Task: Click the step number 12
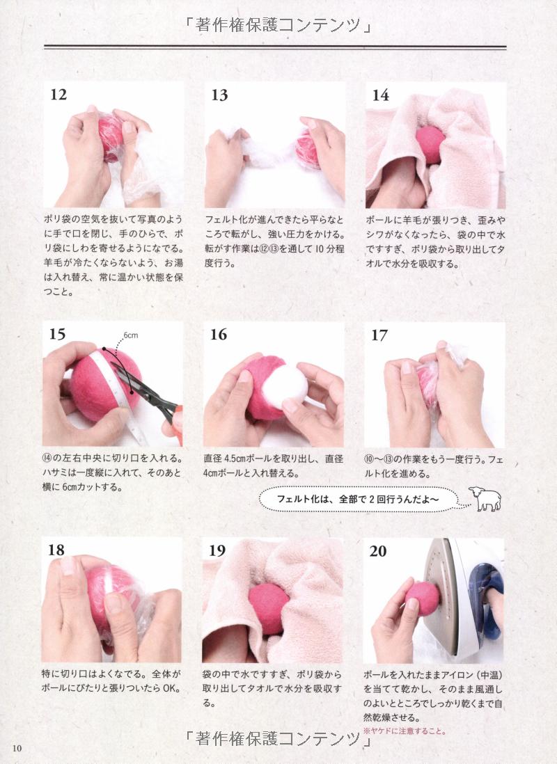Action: point(58,94)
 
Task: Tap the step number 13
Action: point(219,95)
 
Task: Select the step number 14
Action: point(380,95)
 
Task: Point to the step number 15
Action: point(57,334)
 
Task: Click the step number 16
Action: point(219,334)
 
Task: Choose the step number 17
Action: point(379,335)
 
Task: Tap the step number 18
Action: point(56,550)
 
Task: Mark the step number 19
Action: point(217,550)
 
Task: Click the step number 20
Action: point(378,551)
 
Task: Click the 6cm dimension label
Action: point(130,335)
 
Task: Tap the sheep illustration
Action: point(485,498)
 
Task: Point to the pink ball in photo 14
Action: point(430,144)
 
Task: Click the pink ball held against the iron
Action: point(423,599)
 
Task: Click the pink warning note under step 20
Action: point(405,731)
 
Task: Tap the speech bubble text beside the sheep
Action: point(358,499)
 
